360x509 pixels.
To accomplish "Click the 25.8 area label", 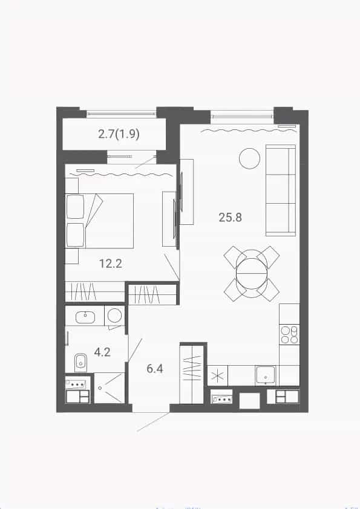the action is pos(231,217).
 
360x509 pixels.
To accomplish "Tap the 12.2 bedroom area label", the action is pos(111,263).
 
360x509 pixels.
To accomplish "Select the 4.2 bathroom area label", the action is pos(102,352).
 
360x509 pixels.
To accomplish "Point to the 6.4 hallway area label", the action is pos(155,369).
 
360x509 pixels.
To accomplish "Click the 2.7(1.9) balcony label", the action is pos(119,134).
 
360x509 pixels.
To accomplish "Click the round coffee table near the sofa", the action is pos(249,158).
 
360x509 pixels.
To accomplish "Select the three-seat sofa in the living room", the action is pos(281,190).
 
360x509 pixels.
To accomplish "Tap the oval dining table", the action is pos(252,274).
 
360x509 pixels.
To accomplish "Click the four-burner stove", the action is pos(289,335).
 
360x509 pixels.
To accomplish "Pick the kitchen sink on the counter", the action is pos(266,375).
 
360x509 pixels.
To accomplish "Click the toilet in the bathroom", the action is pos(80,362).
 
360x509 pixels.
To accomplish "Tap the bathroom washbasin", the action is pos(85,317).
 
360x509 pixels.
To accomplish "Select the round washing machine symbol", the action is pos(114,315).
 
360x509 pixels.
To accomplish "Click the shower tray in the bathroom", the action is pos(109,388).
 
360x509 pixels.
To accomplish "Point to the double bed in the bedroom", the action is pos(99,221).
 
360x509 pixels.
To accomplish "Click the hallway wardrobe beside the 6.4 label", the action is pos(192,375).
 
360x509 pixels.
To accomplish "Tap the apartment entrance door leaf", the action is pos(153,422).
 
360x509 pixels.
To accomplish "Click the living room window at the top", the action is pos(242,115).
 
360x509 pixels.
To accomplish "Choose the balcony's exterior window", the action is pos(121,114).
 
